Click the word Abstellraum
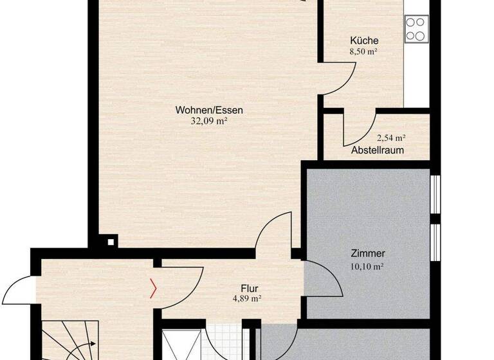tap(378, 150)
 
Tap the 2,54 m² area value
tap(391, 138)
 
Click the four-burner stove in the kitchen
tap(416, 29)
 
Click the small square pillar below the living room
tap(112, 242)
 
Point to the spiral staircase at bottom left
tap(68, 341)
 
